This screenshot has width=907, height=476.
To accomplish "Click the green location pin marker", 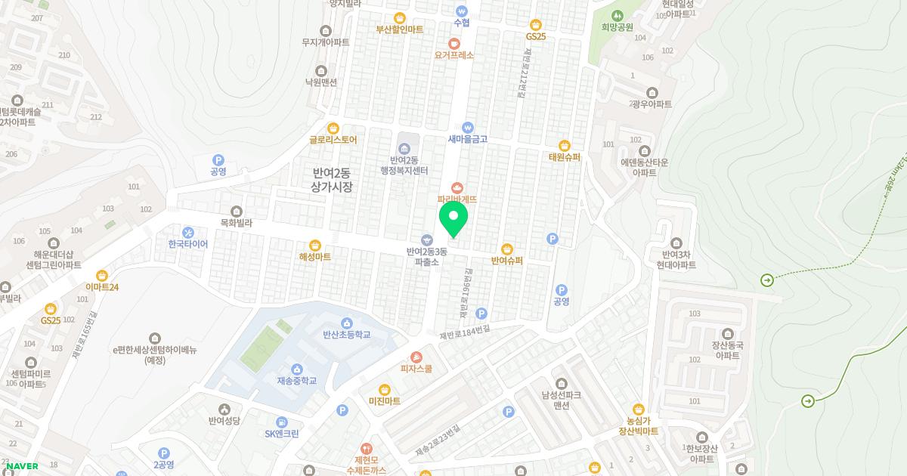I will [453, 218].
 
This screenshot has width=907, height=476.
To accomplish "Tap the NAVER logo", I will [21, 466].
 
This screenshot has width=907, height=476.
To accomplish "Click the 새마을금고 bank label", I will [468, 139].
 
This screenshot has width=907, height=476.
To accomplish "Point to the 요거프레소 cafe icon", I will [454, 43].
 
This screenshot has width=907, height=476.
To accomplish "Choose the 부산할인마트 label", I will [400, 29].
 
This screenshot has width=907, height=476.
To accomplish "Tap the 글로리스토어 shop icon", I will [333, 128].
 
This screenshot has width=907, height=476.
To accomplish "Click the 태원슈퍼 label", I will [564, 157].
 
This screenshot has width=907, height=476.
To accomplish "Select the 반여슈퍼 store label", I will [506, 261].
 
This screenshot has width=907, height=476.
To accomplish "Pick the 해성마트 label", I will [314, 257].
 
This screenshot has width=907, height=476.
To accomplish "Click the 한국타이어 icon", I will [188, 232].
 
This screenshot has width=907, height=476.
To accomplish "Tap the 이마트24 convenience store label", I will [102, 287].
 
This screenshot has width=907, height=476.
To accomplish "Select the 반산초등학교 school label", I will [347, 334].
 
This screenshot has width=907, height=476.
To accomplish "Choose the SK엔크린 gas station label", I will [282, 434].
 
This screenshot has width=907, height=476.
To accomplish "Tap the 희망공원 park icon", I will [617, 15].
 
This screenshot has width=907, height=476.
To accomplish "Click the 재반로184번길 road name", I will [464, 332].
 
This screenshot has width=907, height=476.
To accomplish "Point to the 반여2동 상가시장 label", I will [332, 180].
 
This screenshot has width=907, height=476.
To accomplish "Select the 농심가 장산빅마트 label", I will [638, 425].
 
